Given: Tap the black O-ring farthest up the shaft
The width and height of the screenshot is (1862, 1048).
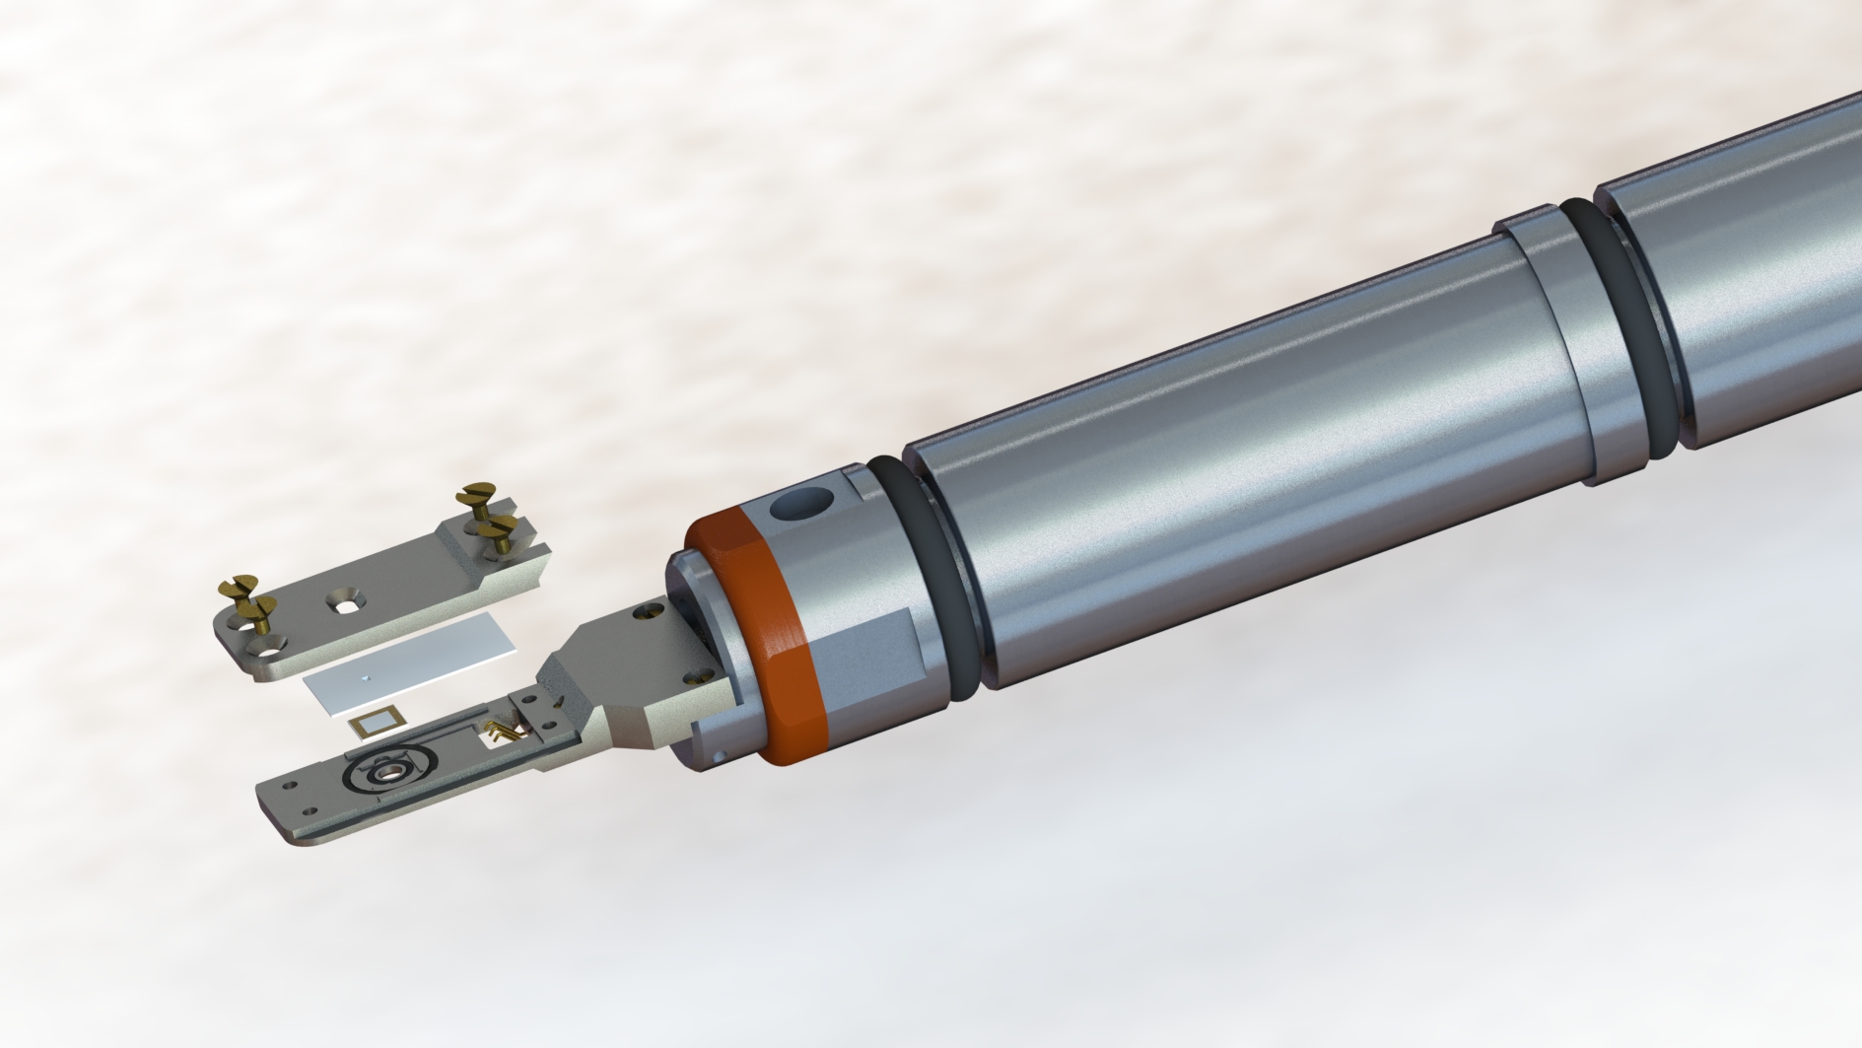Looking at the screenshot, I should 1626,325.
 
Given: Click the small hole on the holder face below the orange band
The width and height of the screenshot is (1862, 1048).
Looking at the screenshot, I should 722,755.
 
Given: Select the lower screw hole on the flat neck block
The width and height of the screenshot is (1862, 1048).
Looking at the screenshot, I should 701,676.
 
